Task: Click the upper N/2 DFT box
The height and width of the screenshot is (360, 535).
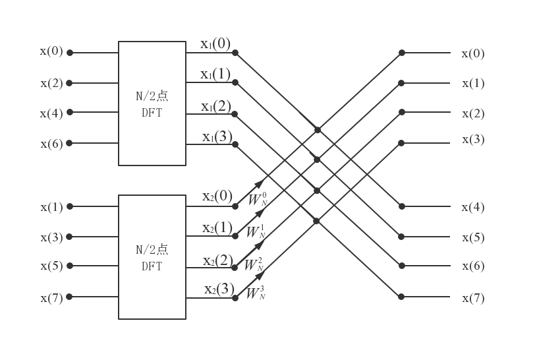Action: [152, 103]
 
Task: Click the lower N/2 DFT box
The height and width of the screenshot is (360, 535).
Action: [152, 256]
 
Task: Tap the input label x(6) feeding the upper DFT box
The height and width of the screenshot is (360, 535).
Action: [51, 144]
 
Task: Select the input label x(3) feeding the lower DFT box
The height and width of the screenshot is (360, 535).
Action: [51, 237]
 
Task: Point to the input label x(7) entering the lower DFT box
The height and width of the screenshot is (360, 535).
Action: [51, 298]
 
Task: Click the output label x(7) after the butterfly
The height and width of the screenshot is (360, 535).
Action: [473, 298]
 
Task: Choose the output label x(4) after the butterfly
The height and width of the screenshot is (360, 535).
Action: [473, 208]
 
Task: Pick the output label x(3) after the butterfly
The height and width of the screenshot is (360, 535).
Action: [473, 140]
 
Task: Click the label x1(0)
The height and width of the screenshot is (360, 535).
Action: [215, 44]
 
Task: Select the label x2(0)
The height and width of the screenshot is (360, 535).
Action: [217, 196]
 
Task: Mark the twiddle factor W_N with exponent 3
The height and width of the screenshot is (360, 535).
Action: [256, 293]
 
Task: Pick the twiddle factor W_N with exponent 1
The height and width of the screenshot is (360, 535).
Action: [256, 231]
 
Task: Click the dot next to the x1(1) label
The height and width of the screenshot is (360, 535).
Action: [235, 82]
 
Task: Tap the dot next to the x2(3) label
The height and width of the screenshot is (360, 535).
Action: [235, 297]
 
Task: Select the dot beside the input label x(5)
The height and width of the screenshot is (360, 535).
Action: [70, 266]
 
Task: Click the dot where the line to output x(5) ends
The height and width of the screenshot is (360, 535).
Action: [401, 236]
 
